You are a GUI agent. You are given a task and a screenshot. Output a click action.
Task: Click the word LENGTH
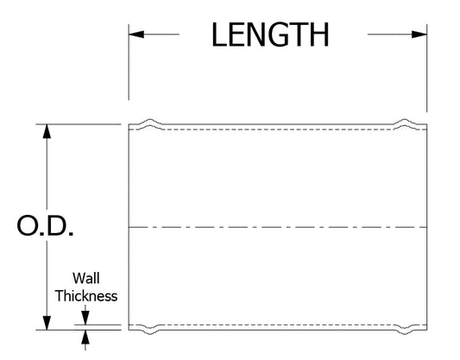tap(270, 35)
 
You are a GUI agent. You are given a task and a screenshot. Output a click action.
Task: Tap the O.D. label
tap(45, 226)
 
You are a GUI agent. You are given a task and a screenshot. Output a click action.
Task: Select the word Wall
tap(86, 278)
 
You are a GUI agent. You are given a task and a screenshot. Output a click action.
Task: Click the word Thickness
tap(86, 296)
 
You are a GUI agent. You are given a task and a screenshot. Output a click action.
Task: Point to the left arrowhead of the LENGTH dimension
tap(136, 35)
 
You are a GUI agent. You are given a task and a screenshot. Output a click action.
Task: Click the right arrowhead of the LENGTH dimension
tap(419, 35)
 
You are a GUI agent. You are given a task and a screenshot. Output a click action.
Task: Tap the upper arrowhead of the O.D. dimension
tap(47, 131)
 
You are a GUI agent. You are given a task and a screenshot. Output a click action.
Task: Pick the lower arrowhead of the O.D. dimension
tap(47, 323)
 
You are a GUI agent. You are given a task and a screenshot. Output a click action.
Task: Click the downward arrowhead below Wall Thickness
tap(85, 318)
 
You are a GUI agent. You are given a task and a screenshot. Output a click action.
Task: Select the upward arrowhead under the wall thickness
tap(85, 337)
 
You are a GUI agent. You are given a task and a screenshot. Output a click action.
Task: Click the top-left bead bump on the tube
tap(150, 123)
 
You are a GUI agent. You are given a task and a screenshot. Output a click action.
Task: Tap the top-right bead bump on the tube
tap(405, 123)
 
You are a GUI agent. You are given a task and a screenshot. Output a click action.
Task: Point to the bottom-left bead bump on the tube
tap(150, 330)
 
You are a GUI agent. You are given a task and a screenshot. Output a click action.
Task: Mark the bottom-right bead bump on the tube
tap(405, 330)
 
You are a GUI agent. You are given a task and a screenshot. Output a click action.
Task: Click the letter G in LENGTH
tap(277, 35)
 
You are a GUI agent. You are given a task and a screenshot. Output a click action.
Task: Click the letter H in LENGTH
tap(318, 35)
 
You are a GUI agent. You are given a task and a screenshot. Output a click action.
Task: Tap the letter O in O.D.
tap(28, 226)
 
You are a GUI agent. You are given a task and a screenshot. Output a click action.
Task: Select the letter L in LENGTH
tap(218, 35)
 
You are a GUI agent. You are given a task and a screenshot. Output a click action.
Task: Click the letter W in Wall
tap(79, 279)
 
